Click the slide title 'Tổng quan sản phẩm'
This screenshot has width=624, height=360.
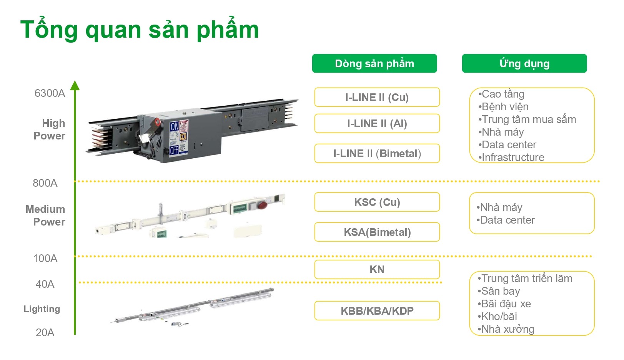pyautogui.click(x=140, y=30)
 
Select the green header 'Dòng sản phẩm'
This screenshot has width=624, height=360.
pyautogui.click(x=374, y=63)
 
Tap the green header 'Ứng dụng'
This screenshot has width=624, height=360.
pyautogui.click(x=524, y=63)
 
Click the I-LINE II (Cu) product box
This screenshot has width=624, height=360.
pyautogui.click(x=377, y=97)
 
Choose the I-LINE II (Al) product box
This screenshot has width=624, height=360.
pyautogui.click(x=377, y=123)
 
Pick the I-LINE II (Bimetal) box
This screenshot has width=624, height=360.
pyautogui.click(x=377, y=153)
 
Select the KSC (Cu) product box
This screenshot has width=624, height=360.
pyautogui.click(x=377, y=202)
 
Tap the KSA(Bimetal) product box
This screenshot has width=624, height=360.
pyautogui.click(x=377, y=232)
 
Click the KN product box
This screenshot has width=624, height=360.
pyautogui.click(x=377, y=269)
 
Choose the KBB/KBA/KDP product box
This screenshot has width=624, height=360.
pyautogui.click(x=377, y=311)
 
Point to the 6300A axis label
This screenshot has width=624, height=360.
pyautogui.click(x=50, y=93)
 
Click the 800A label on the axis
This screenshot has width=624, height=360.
pyautogui.click(x=45, y=183)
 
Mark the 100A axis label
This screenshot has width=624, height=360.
pyautogui.click(x=45, y=258)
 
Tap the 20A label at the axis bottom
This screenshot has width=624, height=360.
pyautogui.click(x=45, y=332)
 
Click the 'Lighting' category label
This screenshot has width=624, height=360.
pyautogui.click(x=42, y=309)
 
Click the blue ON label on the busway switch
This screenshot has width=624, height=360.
pyautogui.click(x=175, y=127)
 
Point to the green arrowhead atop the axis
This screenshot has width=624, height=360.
pyautogui.click(x=75, y=85)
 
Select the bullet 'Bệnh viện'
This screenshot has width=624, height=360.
pyautogui.click(x=503, y=107)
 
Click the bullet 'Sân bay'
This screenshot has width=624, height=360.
pyautogui.click(x=499, y=291)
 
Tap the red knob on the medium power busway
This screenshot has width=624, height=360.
pyautogui.click(x=263, y=205)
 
